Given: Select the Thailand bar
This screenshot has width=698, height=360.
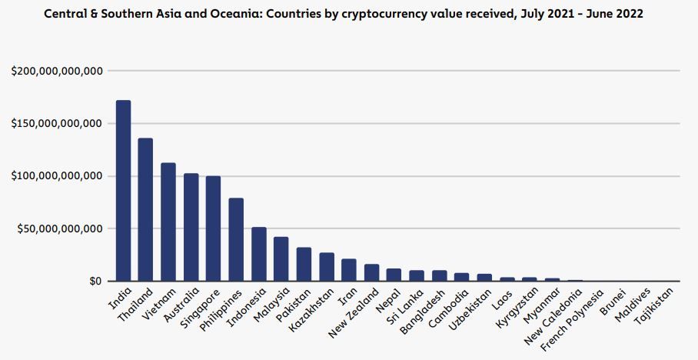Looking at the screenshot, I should click(145, 209).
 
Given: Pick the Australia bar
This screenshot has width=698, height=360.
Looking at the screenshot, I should click(191, 227).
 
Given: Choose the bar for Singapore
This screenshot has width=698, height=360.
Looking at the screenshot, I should click(214, 228).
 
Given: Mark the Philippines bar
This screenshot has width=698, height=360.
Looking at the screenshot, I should click(236, 239).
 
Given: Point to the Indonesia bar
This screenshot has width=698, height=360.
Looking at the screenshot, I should click(259, 254).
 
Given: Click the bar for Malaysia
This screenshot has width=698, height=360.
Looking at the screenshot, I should click(281, 258).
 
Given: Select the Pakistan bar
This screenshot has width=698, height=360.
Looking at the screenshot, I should click(304, 264).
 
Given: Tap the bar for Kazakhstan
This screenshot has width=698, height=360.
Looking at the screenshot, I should click(327, 266).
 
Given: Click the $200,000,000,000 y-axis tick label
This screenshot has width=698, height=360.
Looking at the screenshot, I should click(58, 72).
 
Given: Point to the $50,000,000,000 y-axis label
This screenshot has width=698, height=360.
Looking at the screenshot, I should click(61, 229).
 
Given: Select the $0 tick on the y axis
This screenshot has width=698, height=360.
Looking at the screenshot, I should click(95, 282).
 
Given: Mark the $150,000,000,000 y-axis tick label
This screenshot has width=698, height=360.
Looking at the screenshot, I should click(58, 124).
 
